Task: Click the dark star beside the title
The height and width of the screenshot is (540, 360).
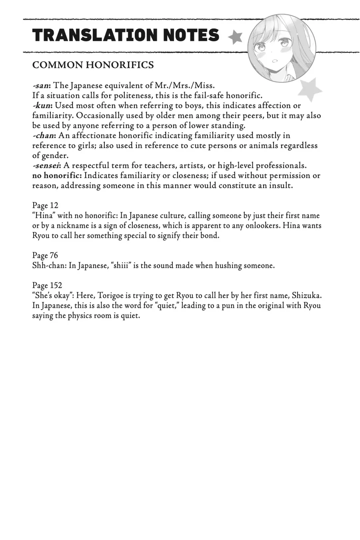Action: pos(235,37)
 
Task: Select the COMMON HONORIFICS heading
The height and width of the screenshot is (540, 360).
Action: pos(93,65)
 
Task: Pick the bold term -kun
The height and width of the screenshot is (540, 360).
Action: pos(42,106)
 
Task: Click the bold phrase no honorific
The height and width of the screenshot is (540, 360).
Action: pos(57,176)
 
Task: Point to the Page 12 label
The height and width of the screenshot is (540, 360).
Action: pos(45,206)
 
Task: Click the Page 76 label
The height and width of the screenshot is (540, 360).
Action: pos(45,255)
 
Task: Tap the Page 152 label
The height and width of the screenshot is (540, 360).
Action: pos(47,285)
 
